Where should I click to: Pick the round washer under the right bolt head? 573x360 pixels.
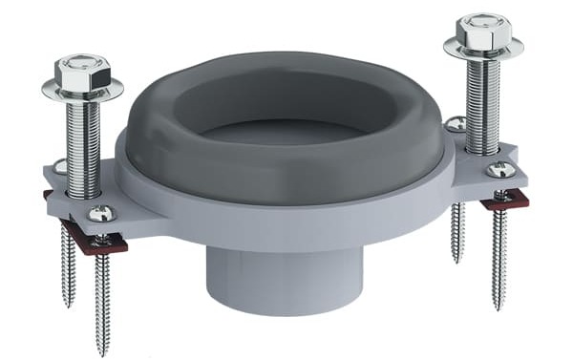coord(482,50)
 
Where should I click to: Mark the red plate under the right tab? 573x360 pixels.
coord(504,201)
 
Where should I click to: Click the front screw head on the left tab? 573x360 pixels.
coord(101,214)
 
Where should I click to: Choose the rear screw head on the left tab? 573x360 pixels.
coord(60,167)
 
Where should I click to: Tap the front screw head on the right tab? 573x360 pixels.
coord(500,170)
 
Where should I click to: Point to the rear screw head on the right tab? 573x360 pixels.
coord(456,123)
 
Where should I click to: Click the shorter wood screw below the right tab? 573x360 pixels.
coord(457,229)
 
